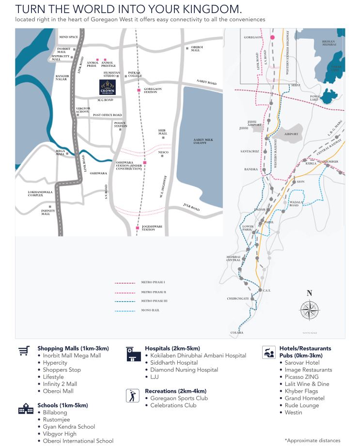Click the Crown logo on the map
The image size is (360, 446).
coord(107,87)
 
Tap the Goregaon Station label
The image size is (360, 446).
coord(153,91)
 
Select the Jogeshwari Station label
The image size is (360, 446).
coord(152,228)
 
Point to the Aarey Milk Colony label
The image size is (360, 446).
coord(203,141)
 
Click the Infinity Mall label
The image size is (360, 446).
coord(48,212)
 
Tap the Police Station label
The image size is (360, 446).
coord(121,124)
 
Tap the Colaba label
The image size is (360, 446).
coord(237,333)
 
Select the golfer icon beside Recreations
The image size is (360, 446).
coord(132,395)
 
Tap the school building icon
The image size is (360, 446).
coord(26,409)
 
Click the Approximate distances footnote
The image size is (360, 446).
coord(313,440)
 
